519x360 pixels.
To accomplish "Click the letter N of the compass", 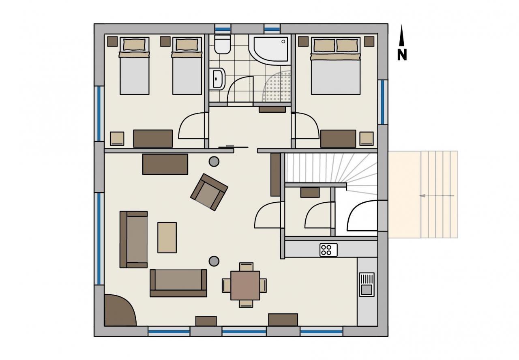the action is [402, 55].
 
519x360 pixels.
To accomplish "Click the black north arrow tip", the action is [401, 25].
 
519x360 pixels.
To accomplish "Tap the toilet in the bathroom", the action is [223, 44].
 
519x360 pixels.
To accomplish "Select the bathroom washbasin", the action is [217, 79].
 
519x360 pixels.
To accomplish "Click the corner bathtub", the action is [270, 49].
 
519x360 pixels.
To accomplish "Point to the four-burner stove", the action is [328, 250].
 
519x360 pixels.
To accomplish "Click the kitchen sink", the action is [367, 285].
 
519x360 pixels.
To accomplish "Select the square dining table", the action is [245, 285].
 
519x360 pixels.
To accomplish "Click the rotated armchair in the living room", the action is [209, 192].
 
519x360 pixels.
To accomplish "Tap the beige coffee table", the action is [167, 238].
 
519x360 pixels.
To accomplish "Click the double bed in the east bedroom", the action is [335, 66].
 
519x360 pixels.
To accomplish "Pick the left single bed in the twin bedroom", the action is [134, 66].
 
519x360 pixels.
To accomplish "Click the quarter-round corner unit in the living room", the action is [119, 311].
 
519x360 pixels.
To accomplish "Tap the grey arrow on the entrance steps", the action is [437, 196].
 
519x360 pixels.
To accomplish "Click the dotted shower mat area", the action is [277, 86].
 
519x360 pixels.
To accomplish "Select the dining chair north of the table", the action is [246, 267].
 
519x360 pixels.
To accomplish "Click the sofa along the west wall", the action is [134, 239].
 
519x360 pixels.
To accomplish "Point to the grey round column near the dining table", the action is [214, 261].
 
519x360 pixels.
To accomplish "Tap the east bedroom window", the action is [383, 102].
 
